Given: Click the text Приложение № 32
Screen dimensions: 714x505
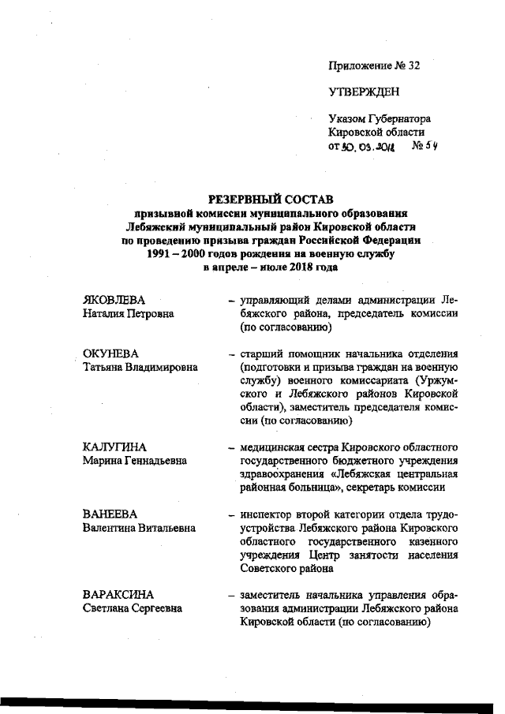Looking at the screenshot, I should coord(374,65).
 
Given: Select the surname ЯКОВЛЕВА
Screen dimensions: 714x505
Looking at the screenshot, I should coord(115,301).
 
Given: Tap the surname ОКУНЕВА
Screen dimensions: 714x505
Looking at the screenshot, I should coord(111,353).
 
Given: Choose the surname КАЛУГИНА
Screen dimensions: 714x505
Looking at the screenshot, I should coord(114,447).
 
